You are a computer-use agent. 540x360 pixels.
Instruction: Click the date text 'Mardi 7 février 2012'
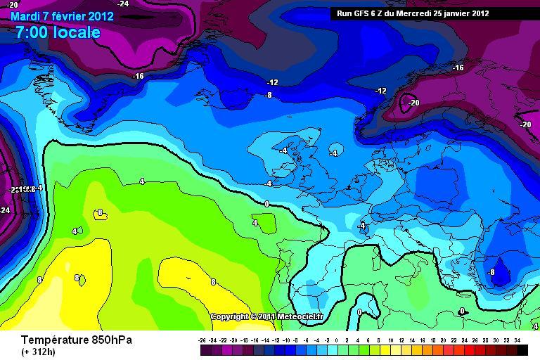pyautogui.click(x=62, y=17)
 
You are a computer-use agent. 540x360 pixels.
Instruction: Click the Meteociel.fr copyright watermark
pyautogui.click(x=266, y=316)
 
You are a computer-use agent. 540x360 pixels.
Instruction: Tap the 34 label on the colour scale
pyautogui.click(x=517, y=339)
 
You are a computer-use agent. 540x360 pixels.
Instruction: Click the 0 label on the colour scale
pyautogui.click(x=339, y=339)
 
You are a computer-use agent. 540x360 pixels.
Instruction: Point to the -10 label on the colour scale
pyautogui.click(x=287, y=339)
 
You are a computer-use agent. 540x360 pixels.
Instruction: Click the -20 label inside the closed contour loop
pyautogui.click(x=413, y=103)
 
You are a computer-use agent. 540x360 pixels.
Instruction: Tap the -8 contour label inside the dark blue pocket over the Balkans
pyautogui.click(x=491, y=272)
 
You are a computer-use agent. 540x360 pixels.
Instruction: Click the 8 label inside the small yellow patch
pyautogui.click(x=100, y=212)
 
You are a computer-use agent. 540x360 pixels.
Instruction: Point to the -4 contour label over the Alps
pyautogui.click(x=361, y=226)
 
